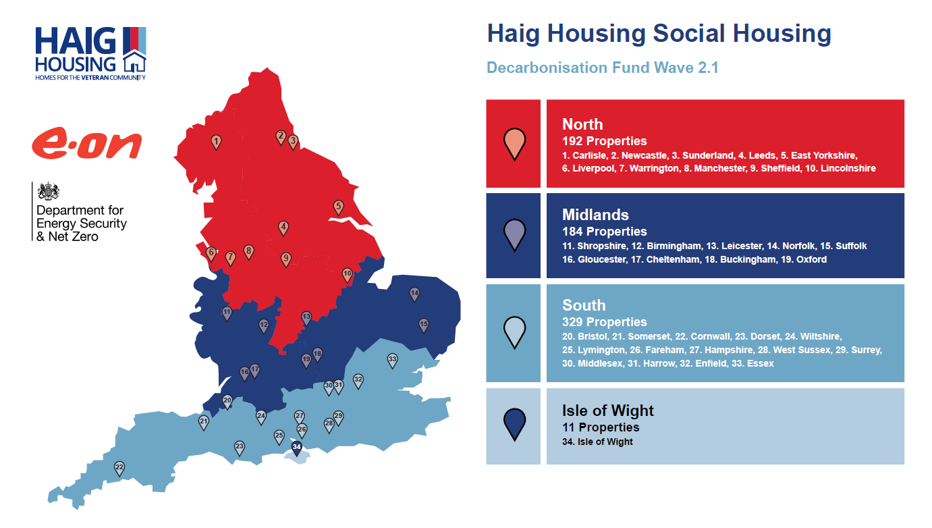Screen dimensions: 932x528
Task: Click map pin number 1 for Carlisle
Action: (x=216, y=142)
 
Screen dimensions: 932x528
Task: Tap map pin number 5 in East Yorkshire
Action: (x=339, y=207)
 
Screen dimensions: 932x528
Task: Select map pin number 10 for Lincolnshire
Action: (x=348, y=275)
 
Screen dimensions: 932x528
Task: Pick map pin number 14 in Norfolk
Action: (x=414, y=294)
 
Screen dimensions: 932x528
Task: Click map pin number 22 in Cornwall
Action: (x=119, y=469)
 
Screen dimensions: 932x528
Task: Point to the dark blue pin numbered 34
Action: (x=297, y=448)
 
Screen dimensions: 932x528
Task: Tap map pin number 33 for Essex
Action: (x=392, y=361)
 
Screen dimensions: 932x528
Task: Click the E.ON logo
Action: (x=87, y=143)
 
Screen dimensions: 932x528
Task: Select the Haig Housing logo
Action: (x=90, y=53)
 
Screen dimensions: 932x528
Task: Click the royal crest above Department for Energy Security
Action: (x=49, y=191)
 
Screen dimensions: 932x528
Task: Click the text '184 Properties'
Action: (x=605, y=231)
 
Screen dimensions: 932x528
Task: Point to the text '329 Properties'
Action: (x=605, y=321)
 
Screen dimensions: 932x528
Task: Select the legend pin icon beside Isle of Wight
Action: (x=515, y=425)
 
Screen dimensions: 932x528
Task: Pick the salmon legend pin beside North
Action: (x=515, y=144)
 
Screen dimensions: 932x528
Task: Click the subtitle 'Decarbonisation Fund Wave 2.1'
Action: (x=603, y=68)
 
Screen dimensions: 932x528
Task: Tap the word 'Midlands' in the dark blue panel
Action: (x=595, y=215)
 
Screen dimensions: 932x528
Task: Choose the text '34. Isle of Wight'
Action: (x=597, y=442)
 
